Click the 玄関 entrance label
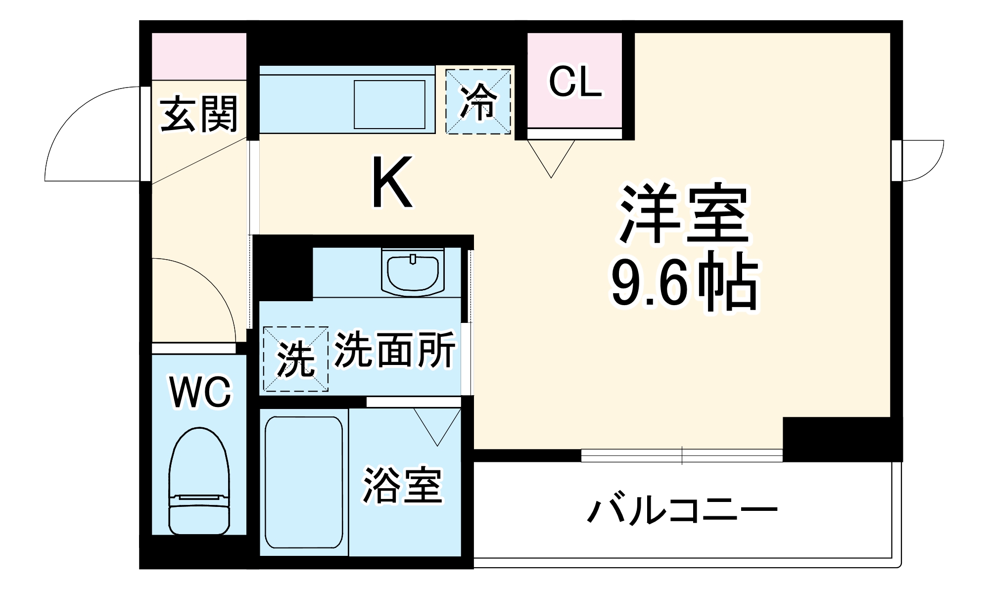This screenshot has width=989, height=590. [x=199, y=115]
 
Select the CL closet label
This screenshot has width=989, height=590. [x=575, y=82]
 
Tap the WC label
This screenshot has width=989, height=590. [x=200, y=392]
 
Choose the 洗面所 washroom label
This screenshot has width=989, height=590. [x=395, y=350]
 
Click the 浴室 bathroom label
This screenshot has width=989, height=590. [x=402, y=485]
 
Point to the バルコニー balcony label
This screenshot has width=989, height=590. [x=682, y=510]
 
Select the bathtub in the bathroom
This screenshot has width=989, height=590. [x=304, y=482]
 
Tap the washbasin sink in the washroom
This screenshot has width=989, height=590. [x=413, y=273]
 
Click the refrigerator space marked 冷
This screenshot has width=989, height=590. [x=478, y=102]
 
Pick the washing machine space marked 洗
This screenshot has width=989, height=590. [x=295, y=359]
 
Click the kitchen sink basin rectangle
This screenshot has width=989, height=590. [x=389, y=104]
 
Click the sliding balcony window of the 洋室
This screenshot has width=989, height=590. [x=681, y=455]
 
